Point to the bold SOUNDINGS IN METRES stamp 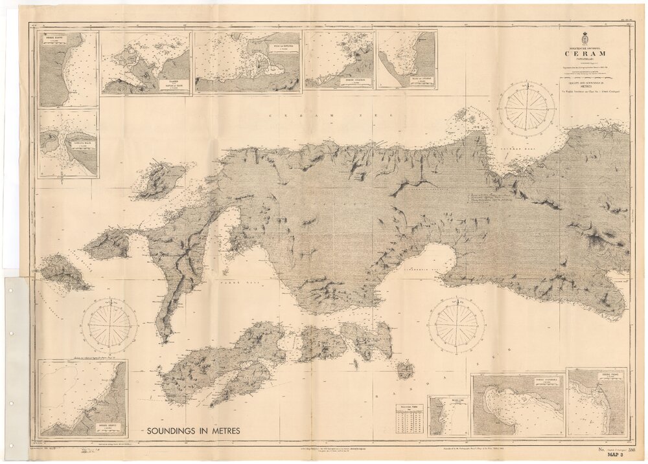pos(193,430)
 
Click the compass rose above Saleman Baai pos(526,109)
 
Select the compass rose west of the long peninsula pos(109,325)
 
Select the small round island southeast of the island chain pos(405,370)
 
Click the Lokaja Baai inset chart pos(68,144)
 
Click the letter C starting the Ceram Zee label pos(271,116)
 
